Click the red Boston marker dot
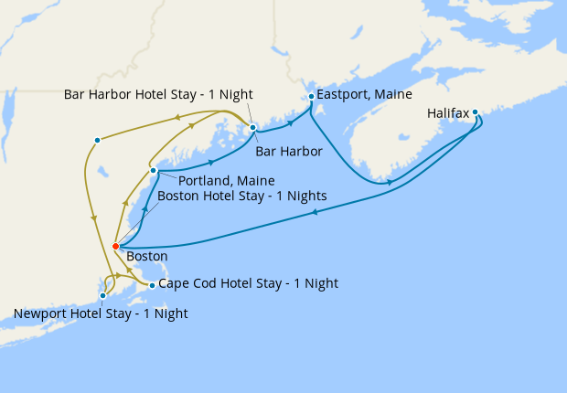click(115, 246)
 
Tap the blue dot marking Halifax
click(476, 112)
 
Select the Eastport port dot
click(312, 96)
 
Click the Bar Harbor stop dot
click(252, 127)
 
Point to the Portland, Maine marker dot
click(154, 171)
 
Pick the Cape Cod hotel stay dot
click(152, 285)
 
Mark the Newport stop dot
click(103, 295)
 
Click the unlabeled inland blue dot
click(97, 140)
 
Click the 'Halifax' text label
click(448, 114)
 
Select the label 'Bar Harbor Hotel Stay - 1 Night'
click(158, 94)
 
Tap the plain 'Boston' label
click(147, 257)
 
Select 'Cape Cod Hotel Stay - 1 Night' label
click(248, 284)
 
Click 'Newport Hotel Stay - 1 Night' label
click(101, 313)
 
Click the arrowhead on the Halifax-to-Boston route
click(315, 212)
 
